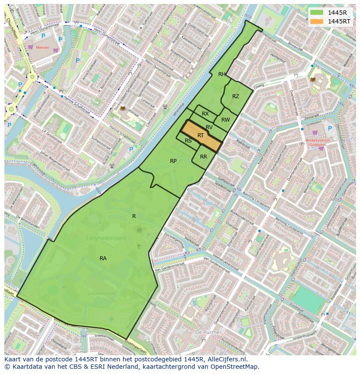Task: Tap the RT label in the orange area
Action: pos(201,136)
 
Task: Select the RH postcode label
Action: pos(222,74)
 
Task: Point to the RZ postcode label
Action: pos(235,96)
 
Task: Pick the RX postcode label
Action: pos(205,114)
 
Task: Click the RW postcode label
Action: pos(225,120)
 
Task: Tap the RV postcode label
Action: pos(209,127)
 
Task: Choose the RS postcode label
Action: pos(188,141)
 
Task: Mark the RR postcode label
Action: pos(203,157)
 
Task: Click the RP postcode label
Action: pos(173,161)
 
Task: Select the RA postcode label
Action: pos(103,258)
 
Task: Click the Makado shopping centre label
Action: pos(43,47)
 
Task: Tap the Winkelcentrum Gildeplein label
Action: pos(318,143)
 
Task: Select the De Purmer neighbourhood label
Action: pos(208,332)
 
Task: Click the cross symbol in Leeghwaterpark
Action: pos(139,246)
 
